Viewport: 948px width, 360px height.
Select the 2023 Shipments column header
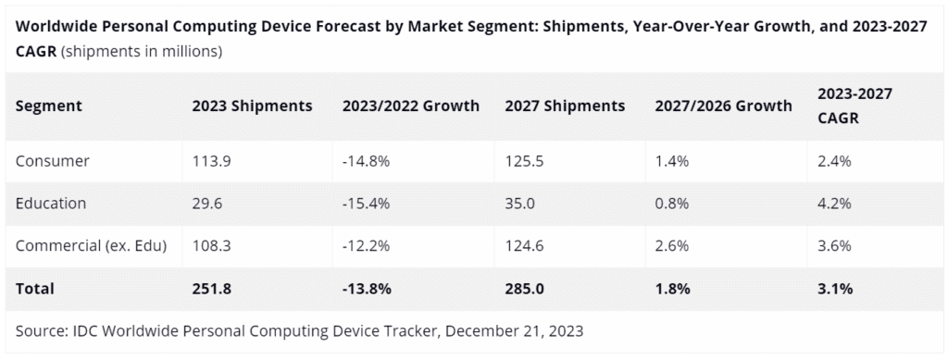[x=251, y=106]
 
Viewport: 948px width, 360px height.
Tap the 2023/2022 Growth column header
[x=410, y=106]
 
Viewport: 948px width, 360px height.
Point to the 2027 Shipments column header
[x=565, y=106]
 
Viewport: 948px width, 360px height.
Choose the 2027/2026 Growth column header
[x=722, y=106]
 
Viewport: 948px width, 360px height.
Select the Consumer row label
[x=53, y=161]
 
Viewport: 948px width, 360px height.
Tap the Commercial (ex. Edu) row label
[x=91, y=246]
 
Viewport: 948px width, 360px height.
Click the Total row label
[x=35, y=289]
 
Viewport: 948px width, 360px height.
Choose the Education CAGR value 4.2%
[x=834, y=204]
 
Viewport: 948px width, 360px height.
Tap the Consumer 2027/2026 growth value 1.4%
[x=672, y=161]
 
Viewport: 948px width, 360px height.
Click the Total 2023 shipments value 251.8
[x=210, y=289]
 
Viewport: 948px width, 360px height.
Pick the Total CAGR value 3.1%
[x=834, y=289]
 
